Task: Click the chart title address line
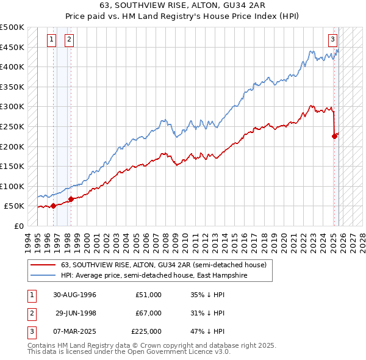tap(183, 5)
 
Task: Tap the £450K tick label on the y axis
tap(12, 47)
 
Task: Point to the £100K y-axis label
tap(12, 186)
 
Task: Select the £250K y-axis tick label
tap(12, 126)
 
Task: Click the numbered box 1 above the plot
tap(51, 40)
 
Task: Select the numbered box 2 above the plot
tap(69, 40)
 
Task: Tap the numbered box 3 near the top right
tap(333, 40)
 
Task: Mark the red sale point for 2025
tap(334, 136)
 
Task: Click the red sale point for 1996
tap(54, 206)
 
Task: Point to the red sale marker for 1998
tap(71, 199)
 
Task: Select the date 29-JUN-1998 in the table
tap(75, 313)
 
